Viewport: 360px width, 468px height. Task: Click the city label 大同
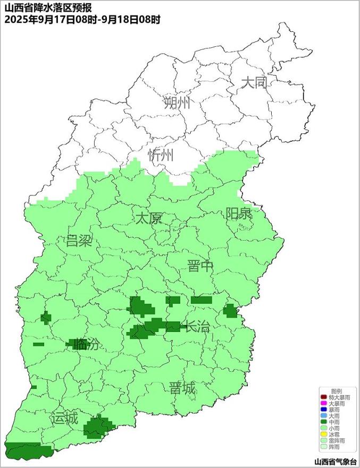pyautogui.click(x=253, y=83)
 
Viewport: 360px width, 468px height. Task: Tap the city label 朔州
pyautogui.click(x=177, y=103)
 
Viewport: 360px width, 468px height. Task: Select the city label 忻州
pyautogui.click(x=161, y=155)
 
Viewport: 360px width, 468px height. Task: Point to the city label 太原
pyautogui.click(x=148, y=218)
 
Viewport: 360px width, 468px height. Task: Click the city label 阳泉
pyautogui.click(x=239, y=214)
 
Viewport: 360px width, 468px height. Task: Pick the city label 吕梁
pyautogui.click(x=79, y=241)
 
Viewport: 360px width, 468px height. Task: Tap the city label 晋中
pyautogui.click(x=200, y=267)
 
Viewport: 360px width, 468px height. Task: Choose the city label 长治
pyautogui.click(x=196, y=327)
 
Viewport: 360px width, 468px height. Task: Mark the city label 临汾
pyautogui.click(x=86, y=344)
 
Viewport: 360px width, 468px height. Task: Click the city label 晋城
pyautogui.click(x=182, y=388)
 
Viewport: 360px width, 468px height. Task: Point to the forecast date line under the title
pyautogui.click(x=82, y=19)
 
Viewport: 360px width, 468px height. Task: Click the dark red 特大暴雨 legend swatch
pyautogui.click(x=323, y=397)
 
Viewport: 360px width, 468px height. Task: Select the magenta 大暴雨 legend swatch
pyautogui.click(x=323, y=404)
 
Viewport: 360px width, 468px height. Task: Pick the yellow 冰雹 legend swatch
pyautogui.click(x=323, y=435)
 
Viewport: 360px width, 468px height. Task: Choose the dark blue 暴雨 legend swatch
pyautogui.click(x=323, y=410)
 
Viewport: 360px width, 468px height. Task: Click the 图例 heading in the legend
pyautogui.click(x=337, y=391)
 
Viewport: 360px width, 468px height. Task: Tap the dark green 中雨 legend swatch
pyautogui.click(x=323, y=422)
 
